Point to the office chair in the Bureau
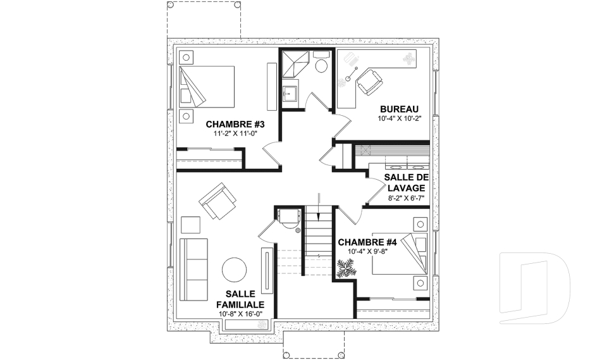(369, 82)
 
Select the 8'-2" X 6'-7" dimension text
(405, 198)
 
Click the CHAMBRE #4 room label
(367, 242)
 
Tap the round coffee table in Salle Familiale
(235, 270)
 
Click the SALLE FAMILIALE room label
(240, 299)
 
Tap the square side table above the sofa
(190, 225)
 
